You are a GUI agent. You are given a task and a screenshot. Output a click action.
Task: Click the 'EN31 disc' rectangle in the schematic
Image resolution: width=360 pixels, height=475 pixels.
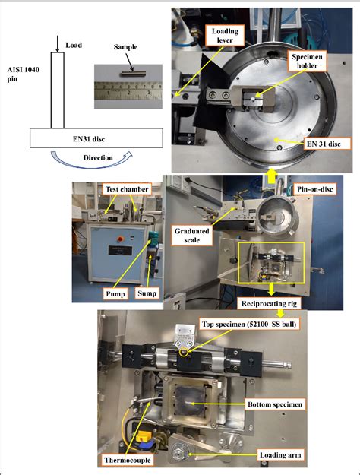coord(96,138)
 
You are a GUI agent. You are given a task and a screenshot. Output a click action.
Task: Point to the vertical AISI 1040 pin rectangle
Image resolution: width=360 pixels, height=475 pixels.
coord(58,90)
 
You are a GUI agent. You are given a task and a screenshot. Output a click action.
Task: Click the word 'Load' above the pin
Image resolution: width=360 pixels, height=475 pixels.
coord(74,44)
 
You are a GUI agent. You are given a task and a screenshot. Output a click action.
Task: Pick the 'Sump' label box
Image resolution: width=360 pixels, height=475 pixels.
coord(145,291)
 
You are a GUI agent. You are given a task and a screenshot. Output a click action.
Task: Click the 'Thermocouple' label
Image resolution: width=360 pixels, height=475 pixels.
coord(127,459)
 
